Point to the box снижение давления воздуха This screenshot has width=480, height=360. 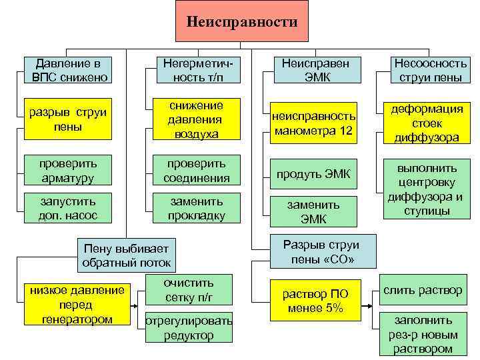pyautogui.click(x=196, y=119)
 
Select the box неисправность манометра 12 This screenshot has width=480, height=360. pyautogui.click(x=313, y=123)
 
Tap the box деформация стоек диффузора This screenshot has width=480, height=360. pyautogui.click(x=427, y=123)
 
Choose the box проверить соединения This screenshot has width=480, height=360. pyautogui.click(x=196, y=170)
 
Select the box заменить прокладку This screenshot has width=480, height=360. pyautogui.click(x=196, y=207)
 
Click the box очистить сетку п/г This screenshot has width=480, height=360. pyautogui.click(x=188, y=290)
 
